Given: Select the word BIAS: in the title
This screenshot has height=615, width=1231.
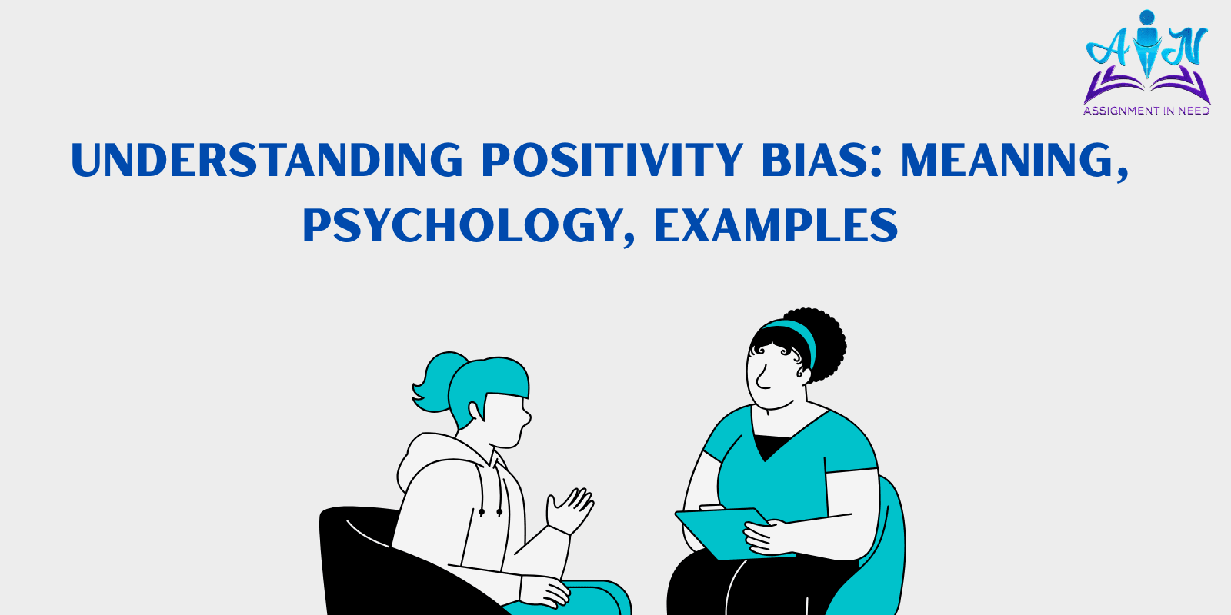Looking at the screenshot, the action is point(822,160).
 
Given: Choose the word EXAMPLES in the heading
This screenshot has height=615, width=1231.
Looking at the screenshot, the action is point(776,225).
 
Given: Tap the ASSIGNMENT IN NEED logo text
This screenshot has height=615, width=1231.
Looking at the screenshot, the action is point(1146,111).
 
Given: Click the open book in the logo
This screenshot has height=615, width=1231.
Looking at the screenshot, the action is point(1146,85).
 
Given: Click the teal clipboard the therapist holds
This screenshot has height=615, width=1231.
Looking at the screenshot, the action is point(726,534).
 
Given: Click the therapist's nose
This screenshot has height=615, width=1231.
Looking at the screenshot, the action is point(761,377).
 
